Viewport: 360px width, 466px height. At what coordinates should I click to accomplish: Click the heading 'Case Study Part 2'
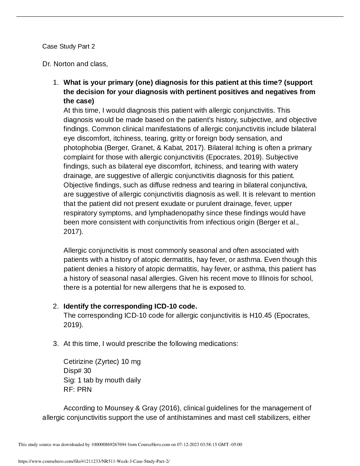tap(69, 46)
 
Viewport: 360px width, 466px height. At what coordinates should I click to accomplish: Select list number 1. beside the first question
tap(56, 82)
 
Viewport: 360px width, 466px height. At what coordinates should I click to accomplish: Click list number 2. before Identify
tap(56, 306)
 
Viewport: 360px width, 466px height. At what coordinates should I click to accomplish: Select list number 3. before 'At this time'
tap(56, 344)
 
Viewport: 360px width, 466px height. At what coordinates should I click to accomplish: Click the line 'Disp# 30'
tap(77, 371)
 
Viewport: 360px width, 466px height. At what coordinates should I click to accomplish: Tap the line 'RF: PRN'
tap(78, 390)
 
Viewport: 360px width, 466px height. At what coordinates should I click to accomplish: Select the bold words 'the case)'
tap(79, 101)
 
